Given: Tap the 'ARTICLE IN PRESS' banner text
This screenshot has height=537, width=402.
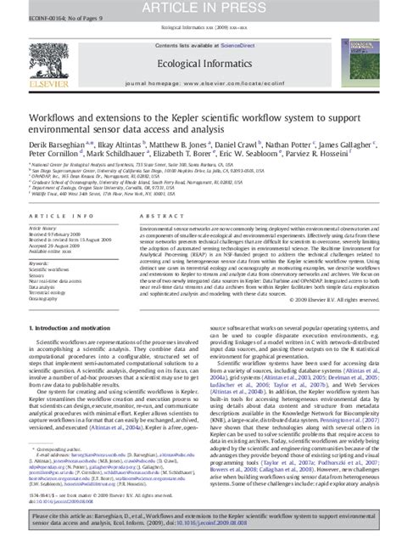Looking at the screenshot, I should (201, 8).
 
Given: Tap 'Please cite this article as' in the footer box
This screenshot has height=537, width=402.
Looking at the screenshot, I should (74, 514).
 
